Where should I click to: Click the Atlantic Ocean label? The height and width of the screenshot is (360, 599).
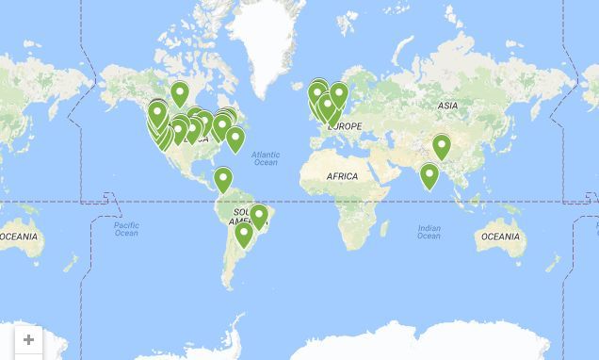coord(266,158)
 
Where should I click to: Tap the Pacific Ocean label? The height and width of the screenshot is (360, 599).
coord(126,229)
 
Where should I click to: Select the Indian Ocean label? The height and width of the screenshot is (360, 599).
coord(429,231)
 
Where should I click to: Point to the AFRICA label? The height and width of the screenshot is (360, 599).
coord(342,176)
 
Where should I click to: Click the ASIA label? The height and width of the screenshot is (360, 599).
coord(447,106)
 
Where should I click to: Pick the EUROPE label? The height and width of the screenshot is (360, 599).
coord(345,126)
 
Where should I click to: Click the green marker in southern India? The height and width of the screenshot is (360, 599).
coord(429,175)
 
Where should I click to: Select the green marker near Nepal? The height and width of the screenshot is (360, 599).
coord(441,146)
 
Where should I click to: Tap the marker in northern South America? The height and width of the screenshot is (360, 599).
coord(223,178)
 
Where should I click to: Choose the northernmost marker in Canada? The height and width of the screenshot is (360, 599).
coord(179,93)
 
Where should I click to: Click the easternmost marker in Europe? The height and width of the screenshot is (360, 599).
coord(338,94)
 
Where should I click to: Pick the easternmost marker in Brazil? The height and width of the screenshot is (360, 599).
coord(259,217)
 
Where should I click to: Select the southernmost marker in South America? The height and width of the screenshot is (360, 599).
coord(244,233)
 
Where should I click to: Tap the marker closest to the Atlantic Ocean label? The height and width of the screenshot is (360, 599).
coord(235,139)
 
